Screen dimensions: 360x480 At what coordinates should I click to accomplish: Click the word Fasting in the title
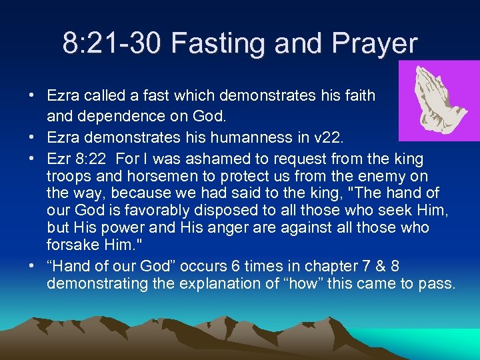pos(211,44)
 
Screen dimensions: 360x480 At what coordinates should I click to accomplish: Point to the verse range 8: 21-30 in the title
pos(113,44)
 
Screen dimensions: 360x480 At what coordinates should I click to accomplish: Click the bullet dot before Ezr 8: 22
pos(32,159)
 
